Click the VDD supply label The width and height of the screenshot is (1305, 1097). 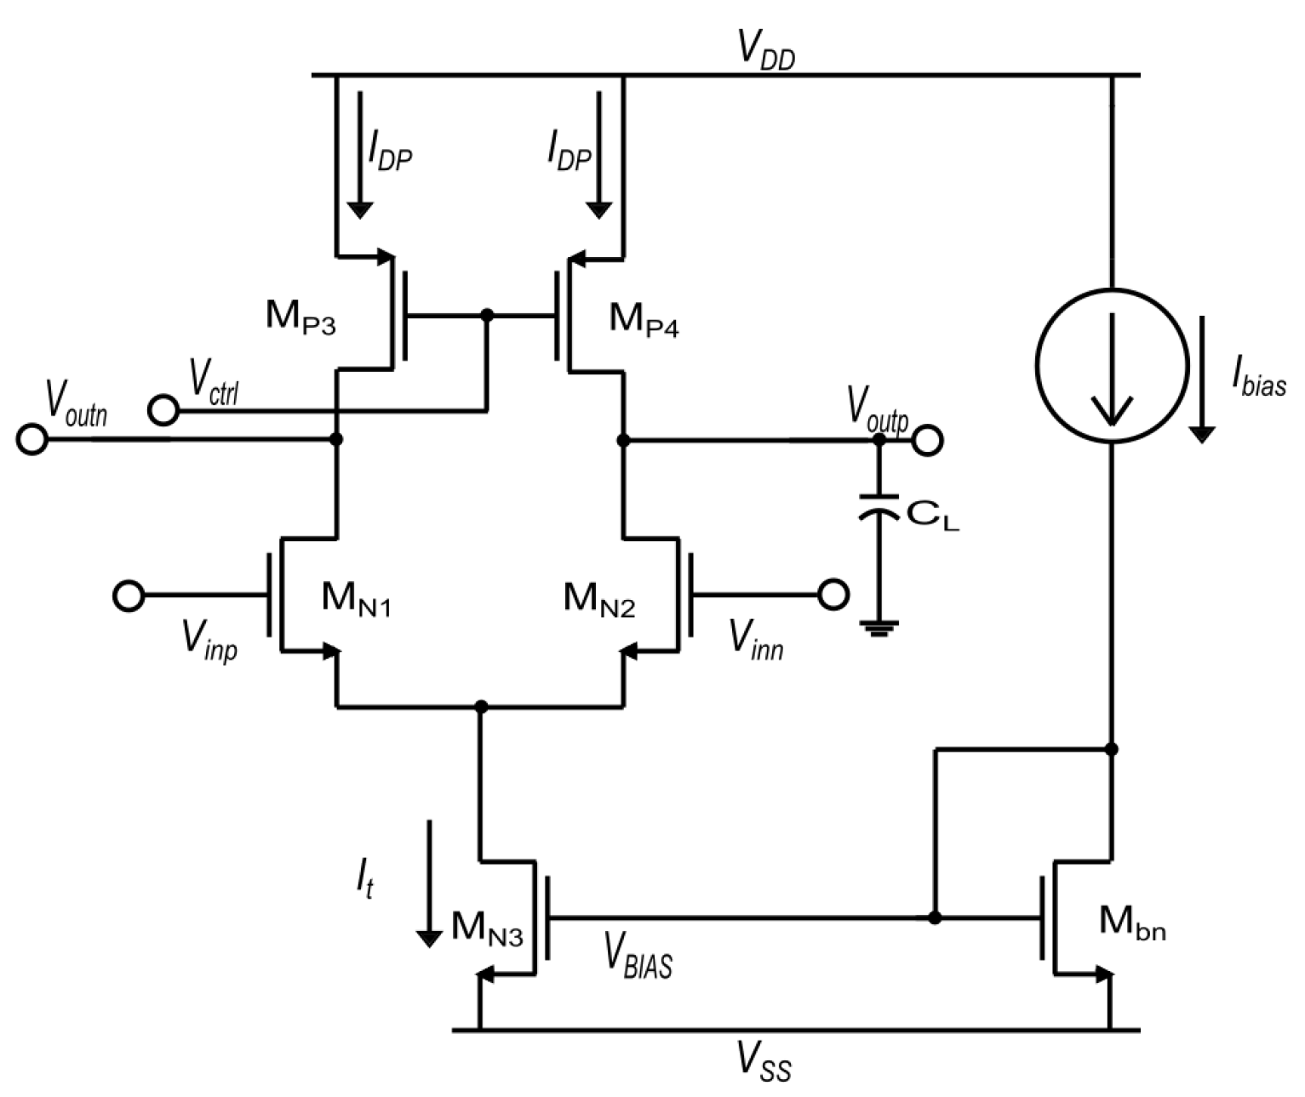coord(765,51)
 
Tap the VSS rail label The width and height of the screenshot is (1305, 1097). coord(764,1064)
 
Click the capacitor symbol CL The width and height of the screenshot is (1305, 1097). coord(879,507)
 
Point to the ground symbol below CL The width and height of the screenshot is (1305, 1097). coord(879,630)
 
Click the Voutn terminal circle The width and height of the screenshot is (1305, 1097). coord(32,440)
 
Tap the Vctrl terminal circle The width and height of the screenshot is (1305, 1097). coord(163,410)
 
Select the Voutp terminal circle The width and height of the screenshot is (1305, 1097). coord(927,440)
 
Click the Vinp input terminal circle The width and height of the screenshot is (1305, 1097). coord(129,595)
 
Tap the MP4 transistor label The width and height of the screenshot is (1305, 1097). coord(644,320)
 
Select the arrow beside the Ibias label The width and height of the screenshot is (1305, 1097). coord(1202,379)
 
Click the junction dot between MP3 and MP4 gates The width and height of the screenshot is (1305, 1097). coord(487,316)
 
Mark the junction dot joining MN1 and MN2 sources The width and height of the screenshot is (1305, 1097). coord(481,706)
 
